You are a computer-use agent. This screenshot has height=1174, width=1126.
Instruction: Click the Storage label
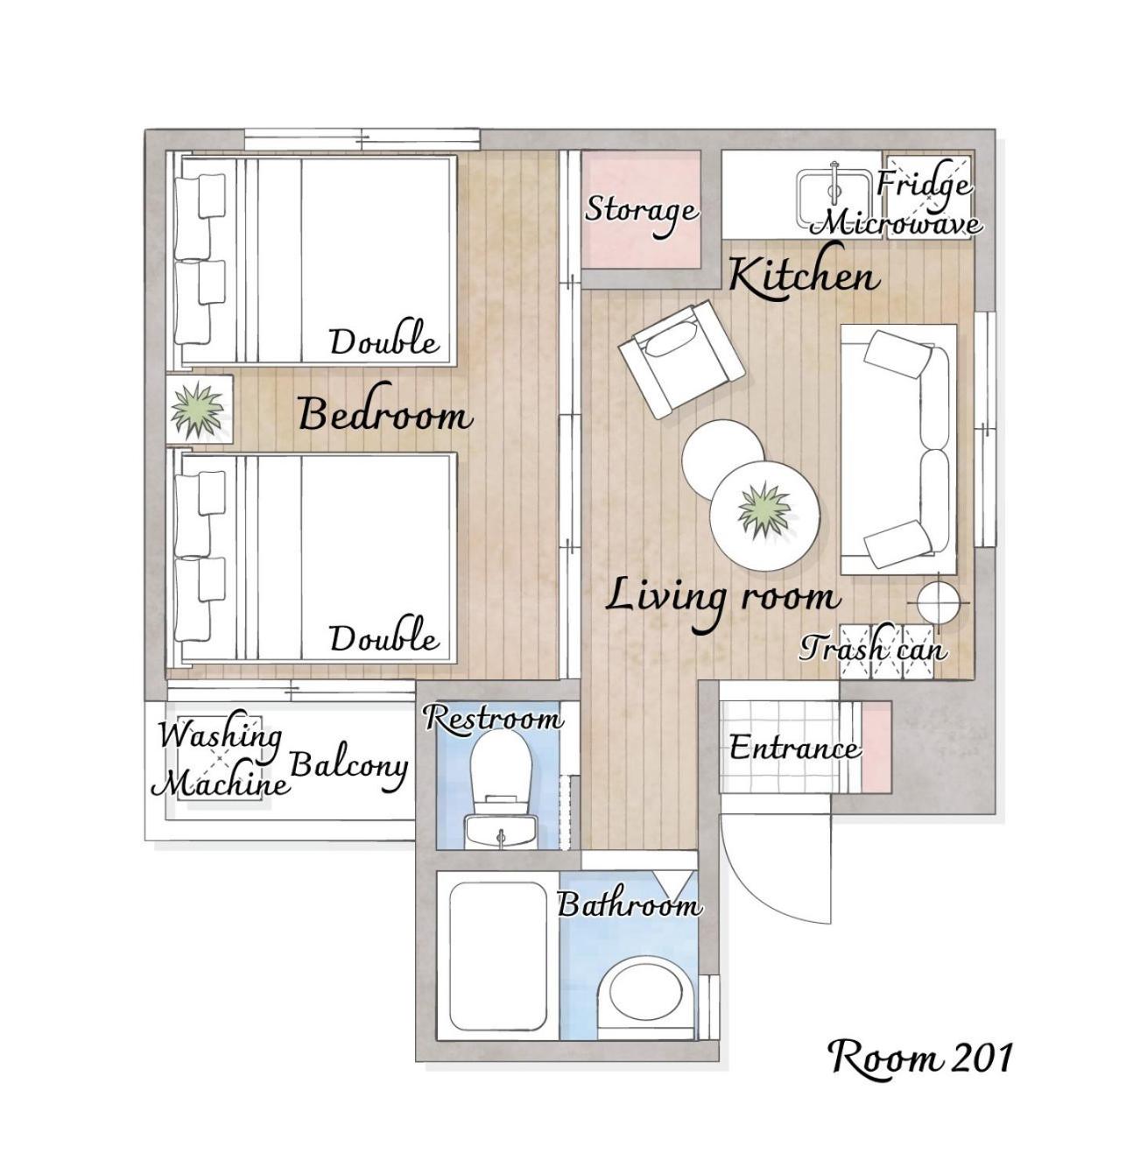642,210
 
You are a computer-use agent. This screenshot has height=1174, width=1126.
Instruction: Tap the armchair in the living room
680,362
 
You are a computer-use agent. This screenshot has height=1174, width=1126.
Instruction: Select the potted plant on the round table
764,508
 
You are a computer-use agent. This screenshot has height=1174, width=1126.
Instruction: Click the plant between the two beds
197,411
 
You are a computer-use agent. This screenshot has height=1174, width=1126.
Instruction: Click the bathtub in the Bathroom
498,957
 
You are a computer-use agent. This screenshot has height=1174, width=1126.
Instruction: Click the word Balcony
348,768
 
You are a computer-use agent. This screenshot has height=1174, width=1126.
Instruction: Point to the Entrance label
795,749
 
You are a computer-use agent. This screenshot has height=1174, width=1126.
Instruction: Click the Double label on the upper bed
384,341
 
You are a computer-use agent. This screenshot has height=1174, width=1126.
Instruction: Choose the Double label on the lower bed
384,637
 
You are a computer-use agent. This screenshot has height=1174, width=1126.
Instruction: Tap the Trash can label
873,649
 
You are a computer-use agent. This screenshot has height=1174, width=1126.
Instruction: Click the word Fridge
923,185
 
